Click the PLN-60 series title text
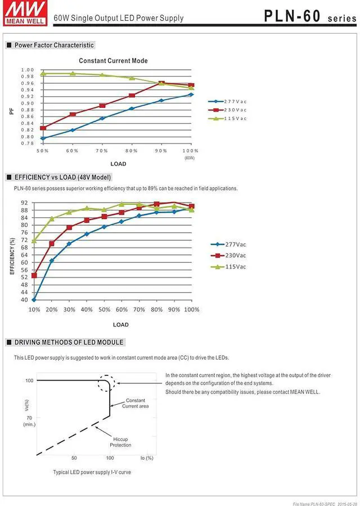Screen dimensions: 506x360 [x=309, y=16]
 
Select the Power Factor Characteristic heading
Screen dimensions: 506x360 [x=54, y=45]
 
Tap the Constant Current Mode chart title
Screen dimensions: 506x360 [x=113, y=61]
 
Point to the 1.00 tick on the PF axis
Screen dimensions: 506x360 [x=28, y=70]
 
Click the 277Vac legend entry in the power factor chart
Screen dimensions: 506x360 [x=235, y=101]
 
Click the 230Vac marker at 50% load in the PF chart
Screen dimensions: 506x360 [x=43, y=128]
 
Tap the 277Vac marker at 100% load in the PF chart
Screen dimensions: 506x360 [x=191, y=95]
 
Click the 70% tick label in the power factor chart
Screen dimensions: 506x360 [x=101, y=151]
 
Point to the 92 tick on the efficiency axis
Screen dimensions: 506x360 [x=24, y=203]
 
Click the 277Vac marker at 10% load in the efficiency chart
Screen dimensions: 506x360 [x=34, y=300]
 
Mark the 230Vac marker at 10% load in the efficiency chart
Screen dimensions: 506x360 [x=34, y=275]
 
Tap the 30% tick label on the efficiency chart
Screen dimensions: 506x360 [x=69, y=310]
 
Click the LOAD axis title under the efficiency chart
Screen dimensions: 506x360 [x=120, y=324]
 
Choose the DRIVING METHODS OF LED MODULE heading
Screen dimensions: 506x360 [x=69, y=342]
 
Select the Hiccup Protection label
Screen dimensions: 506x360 [x=120, y=442]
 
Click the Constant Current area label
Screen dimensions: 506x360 [x=136, y=403]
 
